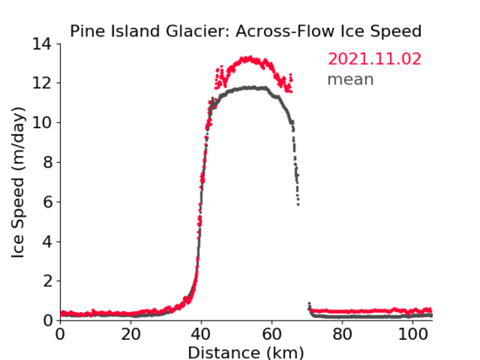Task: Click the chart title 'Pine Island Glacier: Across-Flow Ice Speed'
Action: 245,31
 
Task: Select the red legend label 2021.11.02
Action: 375,59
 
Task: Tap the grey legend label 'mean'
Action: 351,79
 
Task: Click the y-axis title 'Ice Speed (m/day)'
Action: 18,182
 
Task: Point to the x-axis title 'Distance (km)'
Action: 245,352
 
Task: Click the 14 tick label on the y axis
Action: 42,45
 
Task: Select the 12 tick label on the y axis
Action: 42,83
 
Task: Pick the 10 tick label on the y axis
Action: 42,123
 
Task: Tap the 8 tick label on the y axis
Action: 47,163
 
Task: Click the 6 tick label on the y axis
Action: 47,202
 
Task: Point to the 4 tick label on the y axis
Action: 47,242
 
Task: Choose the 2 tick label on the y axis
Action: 47,282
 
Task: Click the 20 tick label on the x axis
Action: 131,334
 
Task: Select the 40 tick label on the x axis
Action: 201,334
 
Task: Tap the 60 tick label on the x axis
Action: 272,334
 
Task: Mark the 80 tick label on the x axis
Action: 342,334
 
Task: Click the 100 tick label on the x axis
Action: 413,334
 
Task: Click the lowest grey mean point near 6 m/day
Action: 298,204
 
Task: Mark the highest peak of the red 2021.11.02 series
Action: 251,56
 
